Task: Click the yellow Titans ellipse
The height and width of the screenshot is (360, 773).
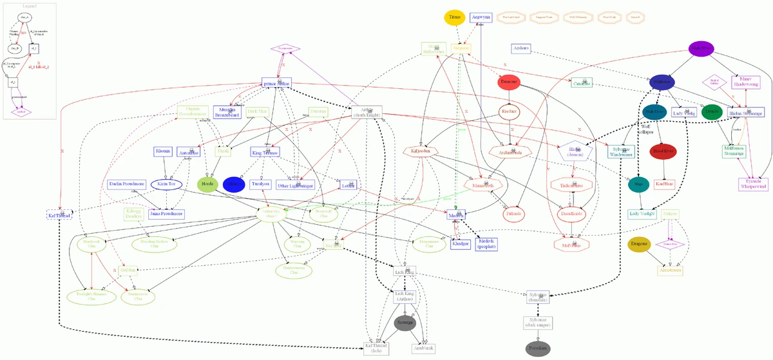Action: point(456,17)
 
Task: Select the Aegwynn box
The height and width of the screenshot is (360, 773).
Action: point(481,17)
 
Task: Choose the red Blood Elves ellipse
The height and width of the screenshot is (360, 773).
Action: point(663,152)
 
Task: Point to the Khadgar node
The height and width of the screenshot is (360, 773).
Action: point(460,243)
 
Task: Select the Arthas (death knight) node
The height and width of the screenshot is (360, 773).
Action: point(368,112)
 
